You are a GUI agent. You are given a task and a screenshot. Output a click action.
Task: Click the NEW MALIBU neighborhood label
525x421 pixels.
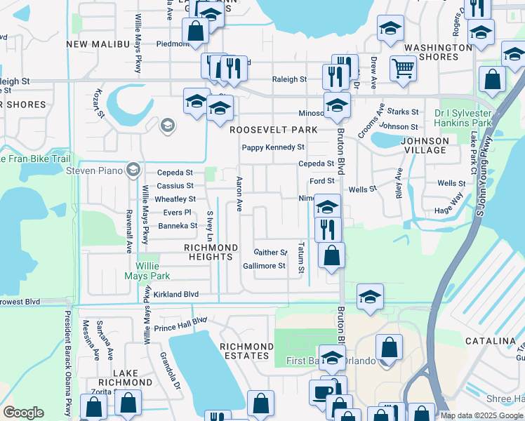tap(97, 44)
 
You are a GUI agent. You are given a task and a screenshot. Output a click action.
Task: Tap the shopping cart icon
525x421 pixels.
tap(403, 69)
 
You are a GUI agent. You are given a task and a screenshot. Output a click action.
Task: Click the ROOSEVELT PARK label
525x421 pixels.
tap(273, 130)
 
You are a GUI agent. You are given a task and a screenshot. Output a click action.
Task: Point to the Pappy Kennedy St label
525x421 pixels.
tap(273, 147)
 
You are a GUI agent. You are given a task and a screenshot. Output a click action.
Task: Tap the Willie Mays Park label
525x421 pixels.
tap(158, 271)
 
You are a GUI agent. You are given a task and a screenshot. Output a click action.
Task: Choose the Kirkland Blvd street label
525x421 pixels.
tap(176, 295)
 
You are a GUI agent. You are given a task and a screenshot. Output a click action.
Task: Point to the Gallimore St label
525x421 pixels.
tap(264, 266)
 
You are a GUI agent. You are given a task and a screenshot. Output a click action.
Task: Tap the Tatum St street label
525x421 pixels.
tap(300, 258)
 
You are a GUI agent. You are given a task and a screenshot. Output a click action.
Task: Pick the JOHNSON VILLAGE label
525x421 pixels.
tap(424, 145)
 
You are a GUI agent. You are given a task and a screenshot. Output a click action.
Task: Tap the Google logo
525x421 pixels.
tap(23, 413)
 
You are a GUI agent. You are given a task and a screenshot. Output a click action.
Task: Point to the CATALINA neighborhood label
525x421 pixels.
tap(490, 341)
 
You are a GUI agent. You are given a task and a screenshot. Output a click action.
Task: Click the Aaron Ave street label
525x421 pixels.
tap(239, 194)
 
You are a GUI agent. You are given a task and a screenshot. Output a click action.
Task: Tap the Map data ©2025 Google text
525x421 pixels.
tap(481, 415)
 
